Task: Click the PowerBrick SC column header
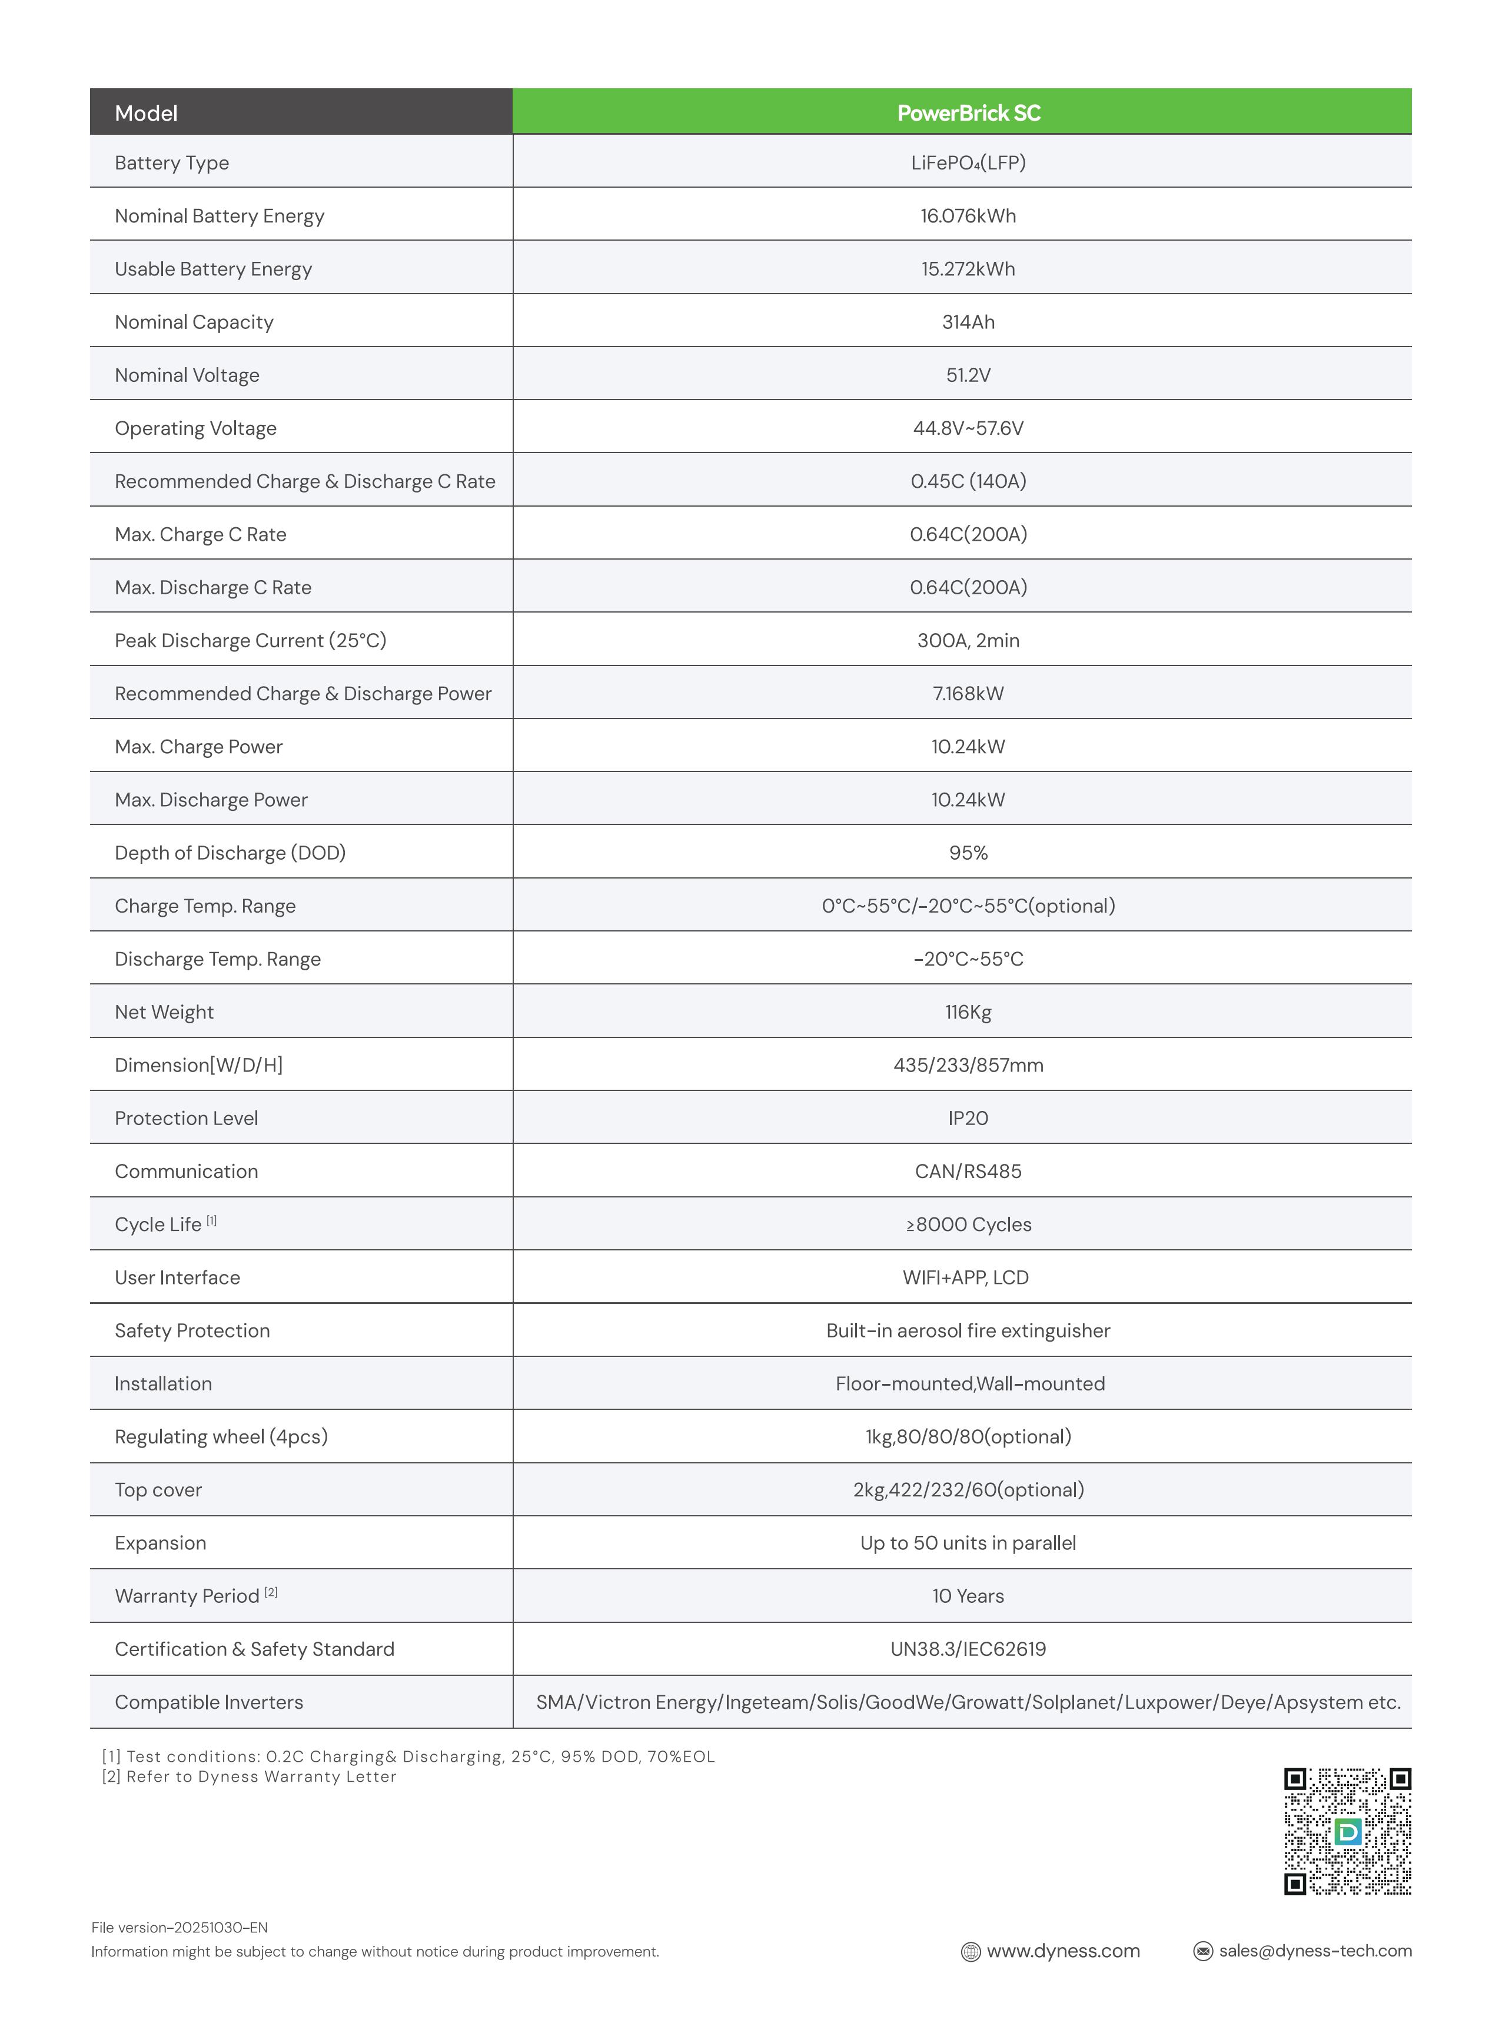tap(968, 113)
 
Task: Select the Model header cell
tap(147, 113)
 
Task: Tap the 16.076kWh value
tap(968, 215)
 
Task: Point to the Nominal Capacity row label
tap(194, 322)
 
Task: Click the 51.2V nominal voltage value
tap(968, 374)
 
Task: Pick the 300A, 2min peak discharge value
tap(968, 640)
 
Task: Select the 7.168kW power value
tap(968, 693)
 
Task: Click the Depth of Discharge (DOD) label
tap(230, 853)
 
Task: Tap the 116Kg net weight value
tap(968, 1012)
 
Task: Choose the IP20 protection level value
tap(968, 1118)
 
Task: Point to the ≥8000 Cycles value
tap(968, 1224)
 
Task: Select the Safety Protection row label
tap(192, 1330)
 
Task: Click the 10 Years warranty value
tap(968, 1596)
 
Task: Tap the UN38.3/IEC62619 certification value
tap(968, 1649)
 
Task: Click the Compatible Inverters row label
tap(208, 1702)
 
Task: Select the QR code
tap(1347, 1831)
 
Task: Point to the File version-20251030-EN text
tap(179, 1926)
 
